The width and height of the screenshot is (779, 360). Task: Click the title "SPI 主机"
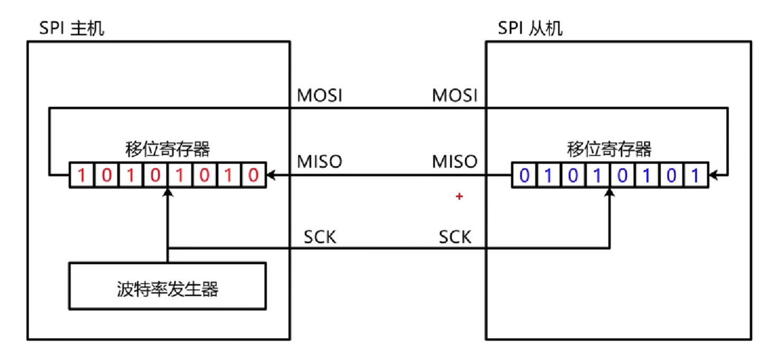tap(72, 29)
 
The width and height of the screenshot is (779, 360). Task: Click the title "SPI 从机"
tap(530, 29)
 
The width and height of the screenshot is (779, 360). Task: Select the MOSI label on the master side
tap(320, 96)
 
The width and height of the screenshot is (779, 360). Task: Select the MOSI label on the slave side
tap(455, 96)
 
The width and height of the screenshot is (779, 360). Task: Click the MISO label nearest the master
tap(320, 162)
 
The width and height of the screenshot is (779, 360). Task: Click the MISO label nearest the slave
tap(455, 162)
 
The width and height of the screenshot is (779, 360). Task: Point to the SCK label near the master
tap(320, 238)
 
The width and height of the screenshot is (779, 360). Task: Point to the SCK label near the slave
tap(455, 238)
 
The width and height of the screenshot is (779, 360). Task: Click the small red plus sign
tap(459, 197)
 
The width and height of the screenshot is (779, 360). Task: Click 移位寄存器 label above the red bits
tap(167, 150)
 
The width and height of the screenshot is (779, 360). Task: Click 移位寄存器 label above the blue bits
tap(609, 150)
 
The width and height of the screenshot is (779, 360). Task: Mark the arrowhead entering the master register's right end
tap(270, 175)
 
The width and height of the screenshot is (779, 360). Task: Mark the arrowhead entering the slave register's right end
tap(712, 175)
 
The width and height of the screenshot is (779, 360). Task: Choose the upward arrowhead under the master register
tap(167, 193)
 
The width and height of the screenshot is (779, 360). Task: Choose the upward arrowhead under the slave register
tap(609, 193)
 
